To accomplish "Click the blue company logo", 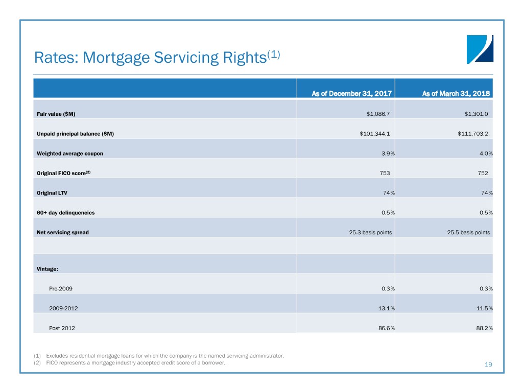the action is pos(480,50).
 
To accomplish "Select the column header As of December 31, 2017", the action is pos(351,94).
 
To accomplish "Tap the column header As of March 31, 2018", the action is pos(456,94).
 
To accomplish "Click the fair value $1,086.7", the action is pos(378,114).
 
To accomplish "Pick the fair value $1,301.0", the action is pos(476,114).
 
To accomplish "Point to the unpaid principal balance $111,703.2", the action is pos(472,134).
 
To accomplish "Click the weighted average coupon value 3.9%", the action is pos(388,154).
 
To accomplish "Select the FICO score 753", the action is pos(385,174).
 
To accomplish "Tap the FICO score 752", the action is pos(483,174).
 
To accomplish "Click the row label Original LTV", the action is pos(52,193).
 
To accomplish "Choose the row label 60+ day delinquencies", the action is pos(66,213).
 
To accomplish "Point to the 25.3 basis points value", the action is pos(370,232).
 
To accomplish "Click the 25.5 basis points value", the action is pos(468,232).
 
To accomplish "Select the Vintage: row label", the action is pos(47,269).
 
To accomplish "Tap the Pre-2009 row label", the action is pos(61,289).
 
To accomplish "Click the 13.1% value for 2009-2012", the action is pos(386,308).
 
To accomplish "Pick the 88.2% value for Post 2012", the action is pos(484,328).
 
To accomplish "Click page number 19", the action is pos(488,364).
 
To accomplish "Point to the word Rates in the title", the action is pos(56,57).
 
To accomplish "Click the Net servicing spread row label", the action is pos(63,232).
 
